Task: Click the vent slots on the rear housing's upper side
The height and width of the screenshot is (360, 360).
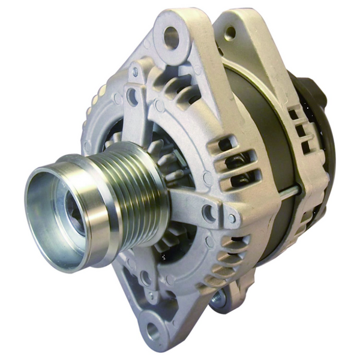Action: (297, 129)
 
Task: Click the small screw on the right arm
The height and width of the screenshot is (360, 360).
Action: (231, 218)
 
